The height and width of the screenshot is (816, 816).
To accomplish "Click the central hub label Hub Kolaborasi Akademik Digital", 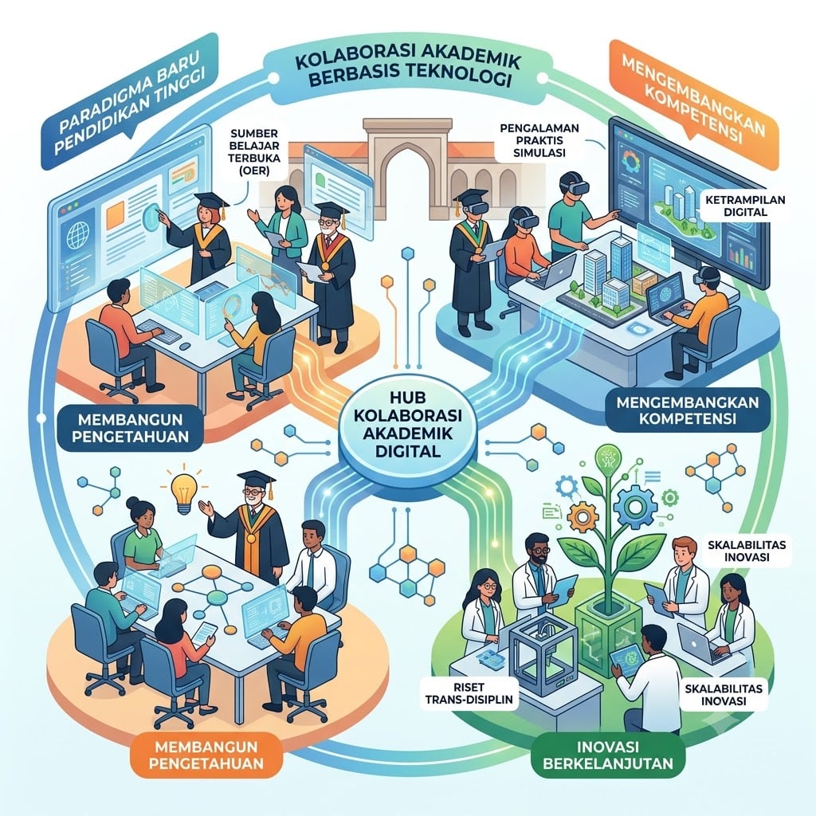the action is pos(407,424).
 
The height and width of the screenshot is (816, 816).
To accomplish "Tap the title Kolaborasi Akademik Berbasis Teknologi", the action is pos(407,70).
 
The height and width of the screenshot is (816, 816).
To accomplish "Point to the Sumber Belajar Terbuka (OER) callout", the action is pos(254,152).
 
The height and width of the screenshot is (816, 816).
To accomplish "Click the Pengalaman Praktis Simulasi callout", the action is pos(539,140).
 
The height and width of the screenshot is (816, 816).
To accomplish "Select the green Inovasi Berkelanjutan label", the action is pos(608,755).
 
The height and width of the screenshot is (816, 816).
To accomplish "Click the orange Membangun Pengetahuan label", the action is pos(206,755).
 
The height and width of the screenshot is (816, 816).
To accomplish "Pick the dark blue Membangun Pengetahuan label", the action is pos(130,427).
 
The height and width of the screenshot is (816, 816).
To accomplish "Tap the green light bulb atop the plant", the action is pos(608,459).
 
